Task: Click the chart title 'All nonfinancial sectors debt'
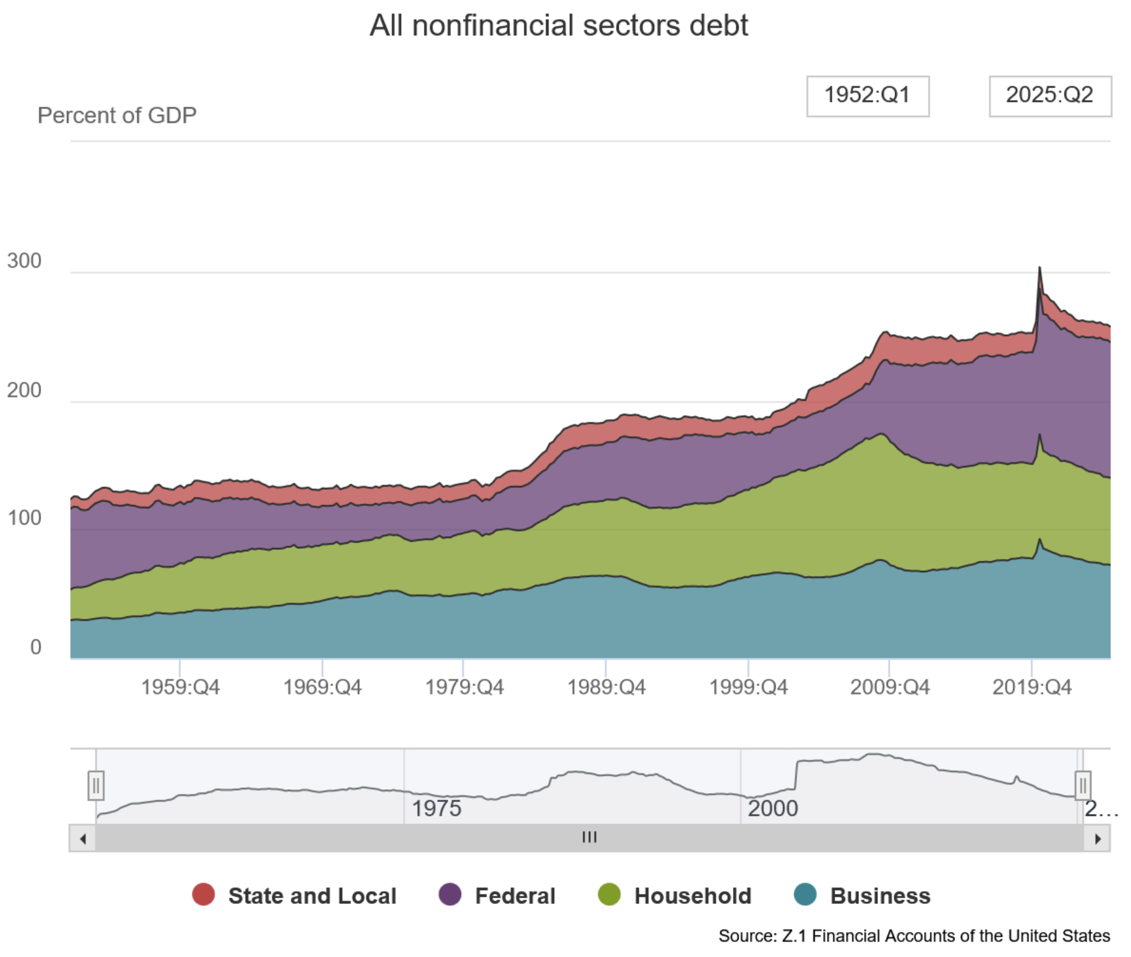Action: click(x=559, y=26)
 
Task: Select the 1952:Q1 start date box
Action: click(x=867, y=96)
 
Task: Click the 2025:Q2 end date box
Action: click(x=1049, y=96)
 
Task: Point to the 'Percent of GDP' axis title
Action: click(x=117, y=115)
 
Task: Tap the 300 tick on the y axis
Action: click(x=24, y=261)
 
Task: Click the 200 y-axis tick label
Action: click(x=24, y=390)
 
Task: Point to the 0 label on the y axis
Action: click(x=35, y=647)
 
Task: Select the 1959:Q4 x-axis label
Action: click(x=180, y=687)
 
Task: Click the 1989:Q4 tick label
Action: click(x=606, y=687)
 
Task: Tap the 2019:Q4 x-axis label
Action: click(x=1032, y=687)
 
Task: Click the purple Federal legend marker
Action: click(x=450, y=895)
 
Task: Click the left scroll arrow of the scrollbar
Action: click(x=83, y=839)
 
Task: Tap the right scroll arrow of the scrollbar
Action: click(x=1097, y=839)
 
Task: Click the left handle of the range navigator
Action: click(x=96, y=785)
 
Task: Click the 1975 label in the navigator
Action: click(x=436, y=808)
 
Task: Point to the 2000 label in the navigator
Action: click(x=772, y=808)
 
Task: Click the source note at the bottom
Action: click(x=914, y=935)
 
